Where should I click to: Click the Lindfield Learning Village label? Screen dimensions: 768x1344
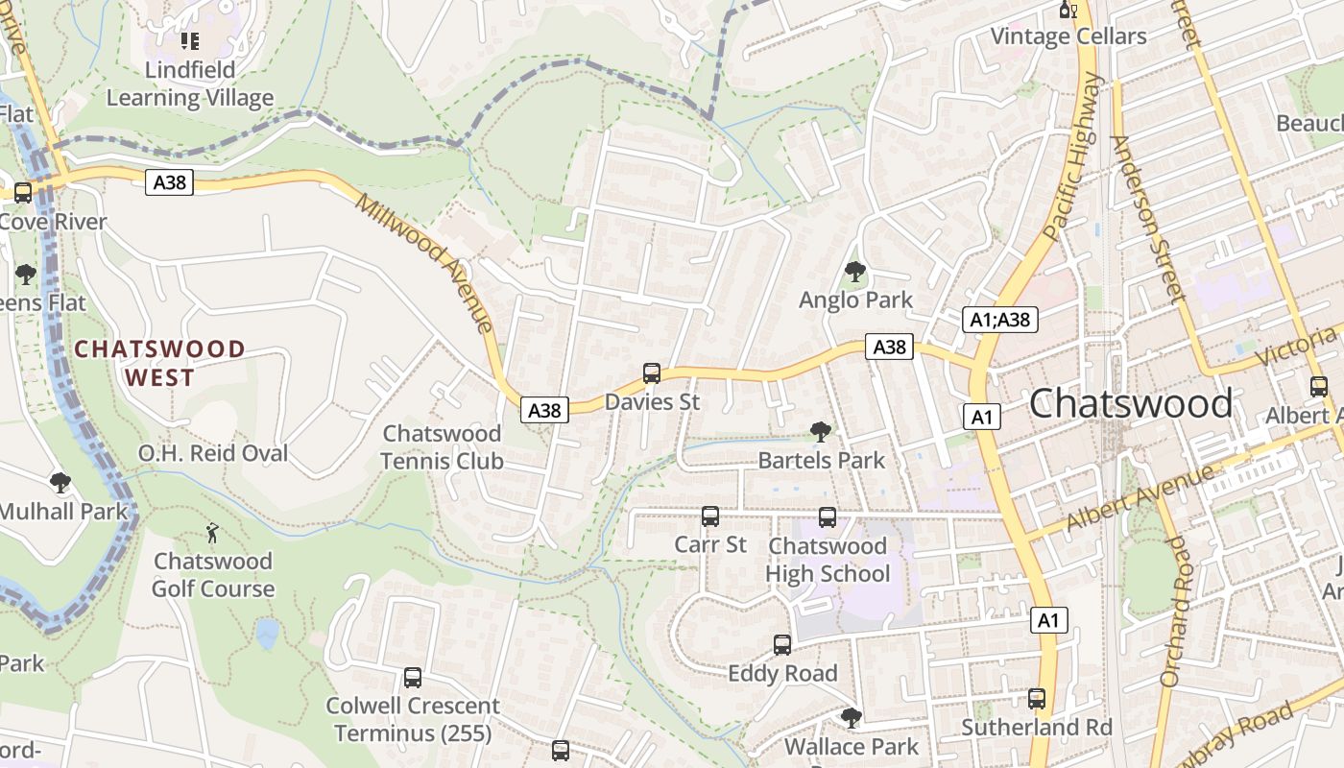(190, 84)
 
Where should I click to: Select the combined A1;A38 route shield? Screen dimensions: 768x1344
(1000, 320)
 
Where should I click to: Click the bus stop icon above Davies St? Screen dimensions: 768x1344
(652, 373)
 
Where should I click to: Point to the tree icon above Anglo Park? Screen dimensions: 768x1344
(854, 273)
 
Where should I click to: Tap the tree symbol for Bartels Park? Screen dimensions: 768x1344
(820, 432)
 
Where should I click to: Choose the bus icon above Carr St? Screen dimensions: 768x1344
(710, 516)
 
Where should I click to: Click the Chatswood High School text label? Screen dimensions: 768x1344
(828, 560)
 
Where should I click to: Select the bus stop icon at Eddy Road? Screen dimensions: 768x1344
(782, 644)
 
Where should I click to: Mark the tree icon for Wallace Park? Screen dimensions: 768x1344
(851, 717)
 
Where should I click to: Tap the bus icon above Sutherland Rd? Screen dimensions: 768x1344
(1036, 699)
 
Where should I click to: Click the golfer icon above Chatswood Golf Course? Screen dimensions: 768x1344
(212, 533)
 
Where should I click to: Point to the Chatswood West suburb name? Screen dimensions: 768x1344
(159, 363)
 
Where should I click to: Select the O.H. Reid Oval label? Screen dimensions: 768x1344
(213, 453)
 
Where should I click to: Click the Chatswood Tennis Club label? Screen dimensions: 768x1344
(442, 447)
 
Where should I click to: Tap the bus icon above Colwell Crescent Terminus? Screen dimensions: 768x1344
(413, 678)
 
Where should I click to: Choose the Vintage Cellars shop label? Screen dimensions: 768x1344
(1068, 36)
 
